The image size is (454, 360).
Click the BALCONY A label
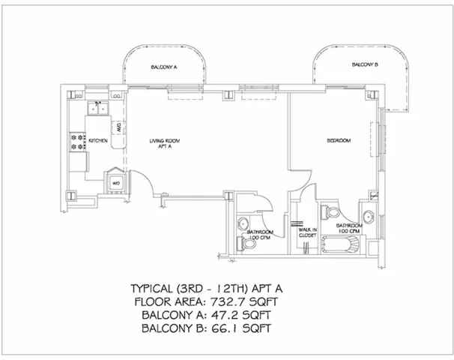tap(163, 67)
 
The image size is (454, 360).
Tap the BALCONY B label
tap(365, 65)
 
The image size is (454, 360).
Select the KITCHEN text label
tap(99, 140)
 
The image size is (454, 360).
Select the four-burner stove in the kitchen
tap(77, 142)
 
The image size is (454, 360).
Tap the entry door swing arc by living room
tap(141, 183)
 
